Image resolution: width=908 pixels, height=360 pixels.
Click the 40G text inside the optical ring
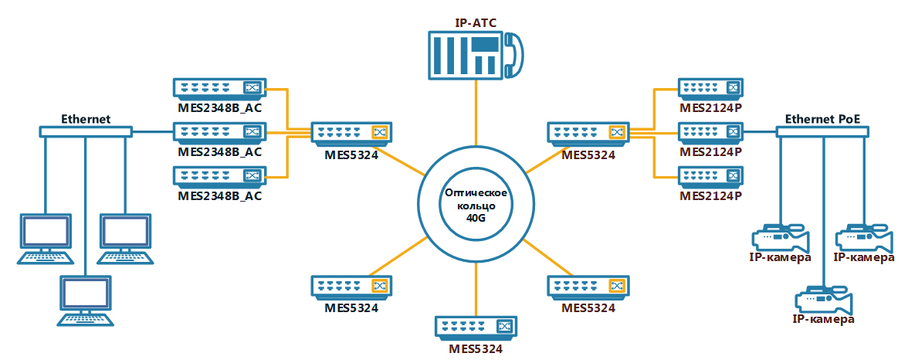pos(475,219)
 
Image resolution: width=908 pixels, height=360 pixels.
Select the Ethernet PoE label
pos(822,120)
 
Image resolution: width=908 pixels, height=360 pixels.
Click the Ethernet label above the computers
pos(86,120)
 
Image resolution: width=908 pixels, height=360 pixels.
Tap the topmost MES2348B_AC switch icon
pos(219,89)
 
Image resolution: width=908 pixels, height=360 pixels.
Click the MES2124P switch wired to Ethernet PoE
pos(710,132)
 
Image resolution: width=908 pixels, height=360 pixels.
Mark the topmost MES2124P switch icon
pos(710,89)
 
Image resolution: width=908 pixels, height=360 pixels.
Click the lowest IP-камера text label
pos(823,319)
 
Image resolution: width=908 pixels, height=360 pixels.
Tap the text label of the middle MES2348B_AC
pos(219,151)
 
